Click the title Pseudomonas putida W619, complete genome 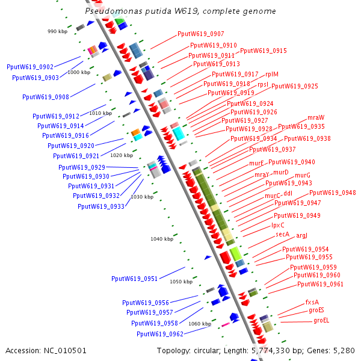coord(180,11)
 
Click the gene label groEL coord(321,321)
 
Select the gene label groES coord(316,310)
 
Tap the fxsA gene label coord(312,302)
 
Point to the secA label coord(283,234)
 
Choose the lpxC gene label coord(278,225)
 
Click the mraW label coord(316,117)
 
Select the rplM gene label coord(271,74)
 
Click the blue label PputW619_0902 coord(30,67)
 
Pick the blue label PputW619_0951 coord(135,279)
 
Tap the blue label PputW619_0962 coord(160,334)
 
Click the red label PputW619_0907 coord(201,34)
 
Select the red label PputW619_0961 coord(321,284)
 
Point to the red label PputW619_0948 coord(333,193)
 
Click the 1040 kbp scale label coord(162,239)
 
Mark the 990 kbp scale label coord(58,31)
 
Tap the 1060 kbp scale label coord(200,324)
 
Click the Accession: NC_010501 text coord(46,350)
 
